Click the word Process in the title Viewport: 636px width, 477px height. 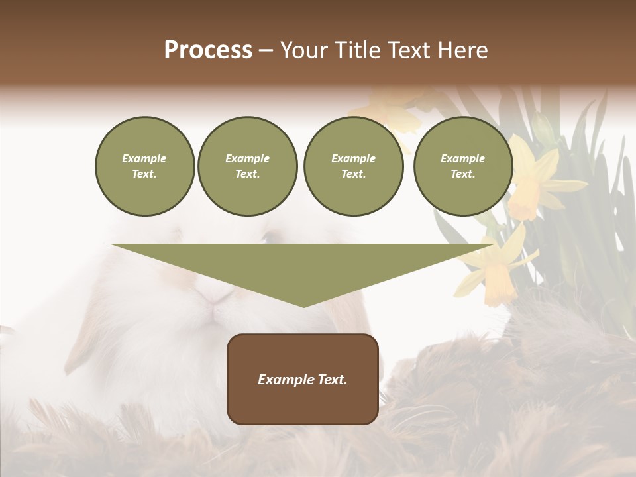point(208,50)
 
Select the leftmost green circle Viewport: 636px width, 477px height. point(144,166)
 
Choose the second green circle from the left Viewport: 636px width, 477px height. point(247,166)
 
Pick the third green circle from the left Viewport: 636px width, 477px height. point(353,166)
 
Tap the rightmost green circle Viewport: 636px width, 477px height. point(462,166)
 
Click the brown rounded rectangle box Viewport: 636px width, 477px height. point(302,379)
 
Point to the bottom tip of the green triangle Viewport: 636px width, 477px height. point(303,306)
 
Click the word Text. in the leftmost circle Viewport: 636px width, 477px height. point(144,174)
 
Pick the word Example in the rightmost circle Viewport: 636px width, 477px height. point(462,158)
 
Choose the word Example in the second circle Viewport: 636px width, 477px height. point(247,158)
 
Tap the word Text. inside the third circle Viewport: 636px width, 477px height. point(353,174)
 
